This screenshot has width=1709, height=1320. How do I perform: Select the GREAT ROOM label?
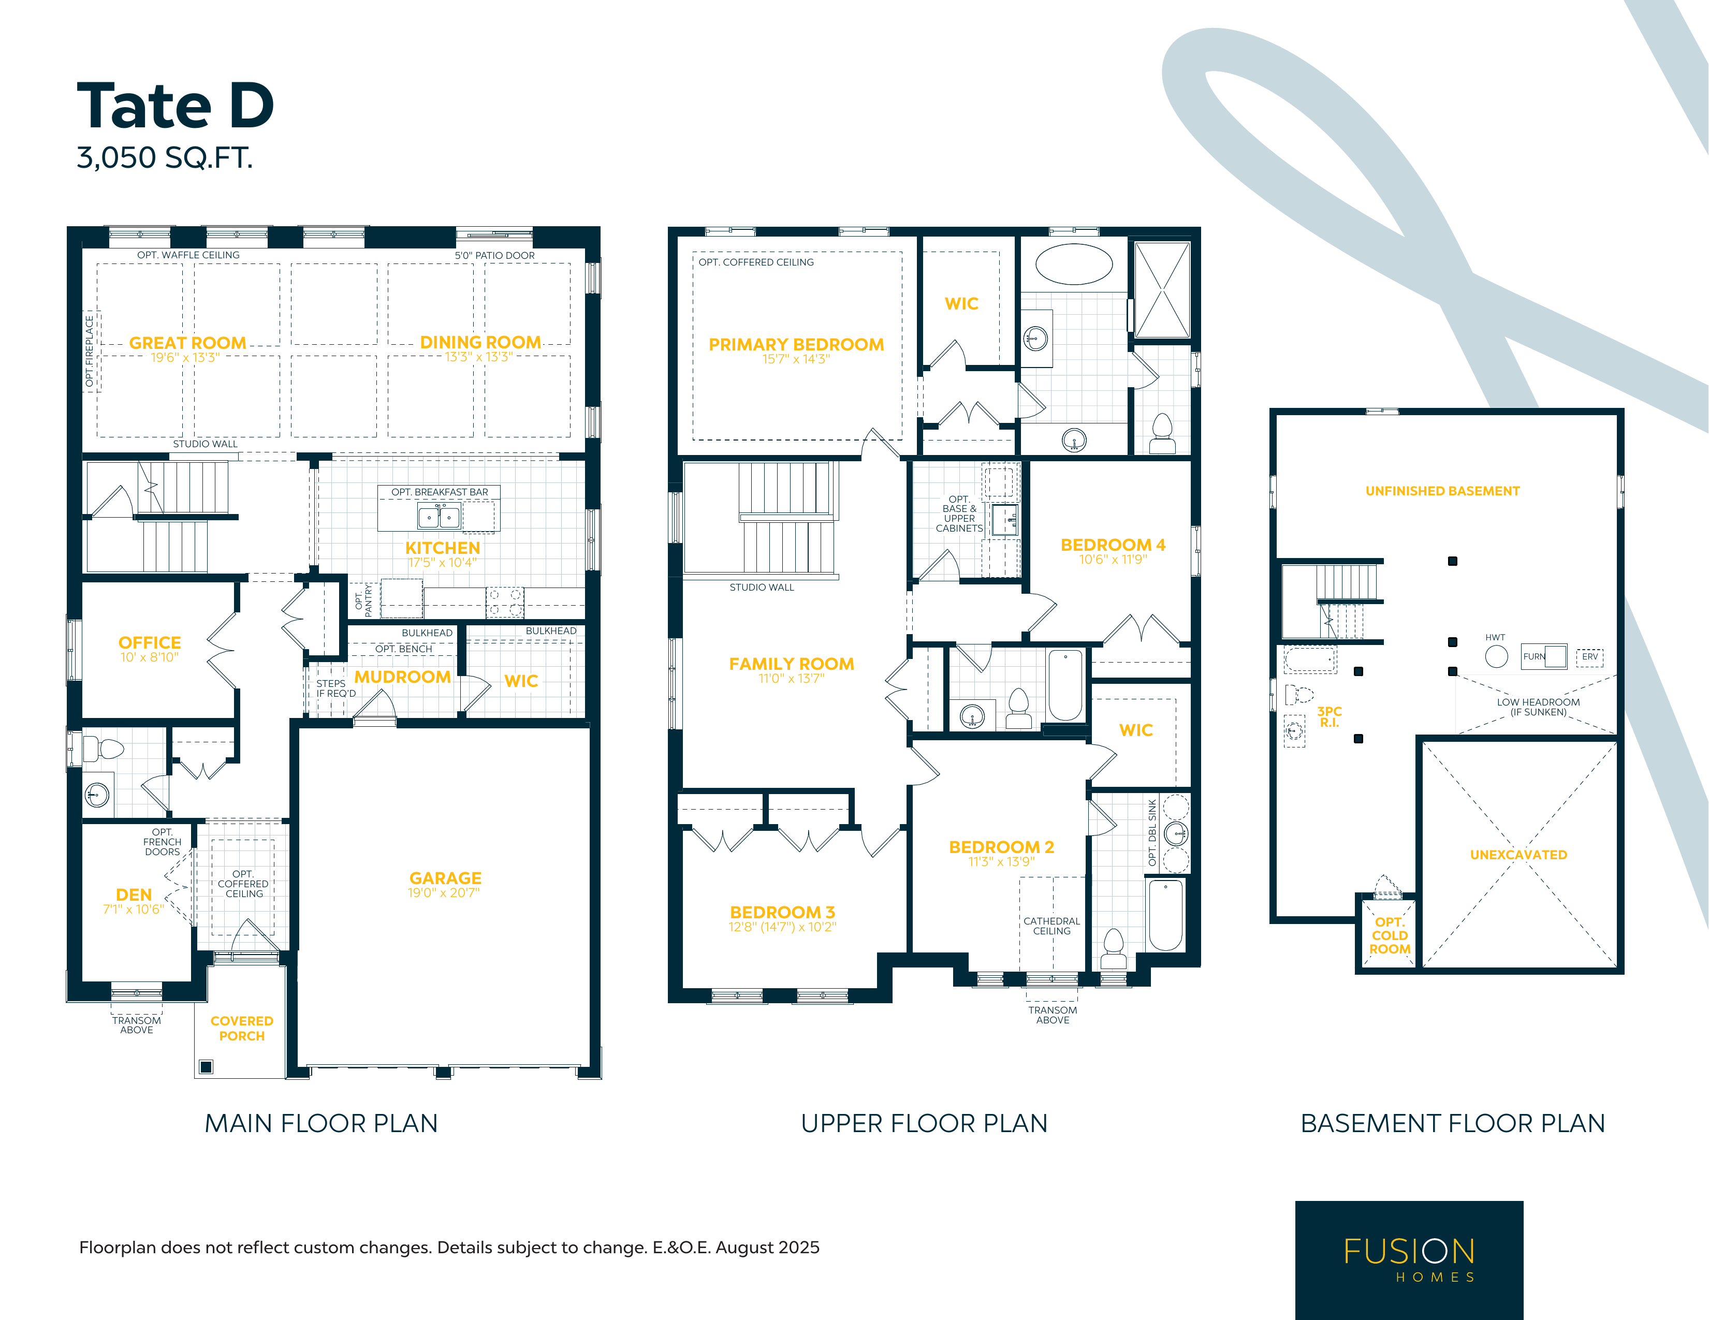188,343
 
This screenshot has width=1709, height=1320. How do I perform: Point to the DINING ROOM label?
480,342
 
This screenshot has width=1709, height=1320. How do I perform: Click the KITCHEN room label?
443,548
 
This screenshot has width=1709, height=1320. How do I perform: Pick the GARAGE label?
445,878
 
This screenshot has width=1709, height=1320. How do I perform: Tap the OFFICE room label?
150,642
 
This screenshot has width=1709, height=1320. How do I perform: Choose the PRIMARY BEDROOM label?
797,344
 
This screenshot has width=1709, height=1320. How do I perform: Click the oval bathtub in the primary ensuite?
1074,263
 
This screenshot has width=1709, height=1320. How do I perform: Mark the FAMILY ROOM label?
792,664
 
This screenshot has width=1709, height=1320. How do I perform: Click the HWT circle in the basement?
1496,656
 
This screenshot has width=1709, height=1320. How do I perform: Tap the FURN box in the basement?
1544,656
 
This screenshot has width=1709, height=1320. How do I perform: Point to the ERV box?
1589,657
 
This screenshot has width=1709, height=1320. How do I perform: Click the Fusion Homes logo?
1409,1260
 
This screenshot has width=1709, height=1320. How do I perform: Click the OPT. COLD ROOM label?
1389,936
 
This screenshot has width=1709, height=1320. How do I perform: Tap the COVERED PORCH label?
242,1028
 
